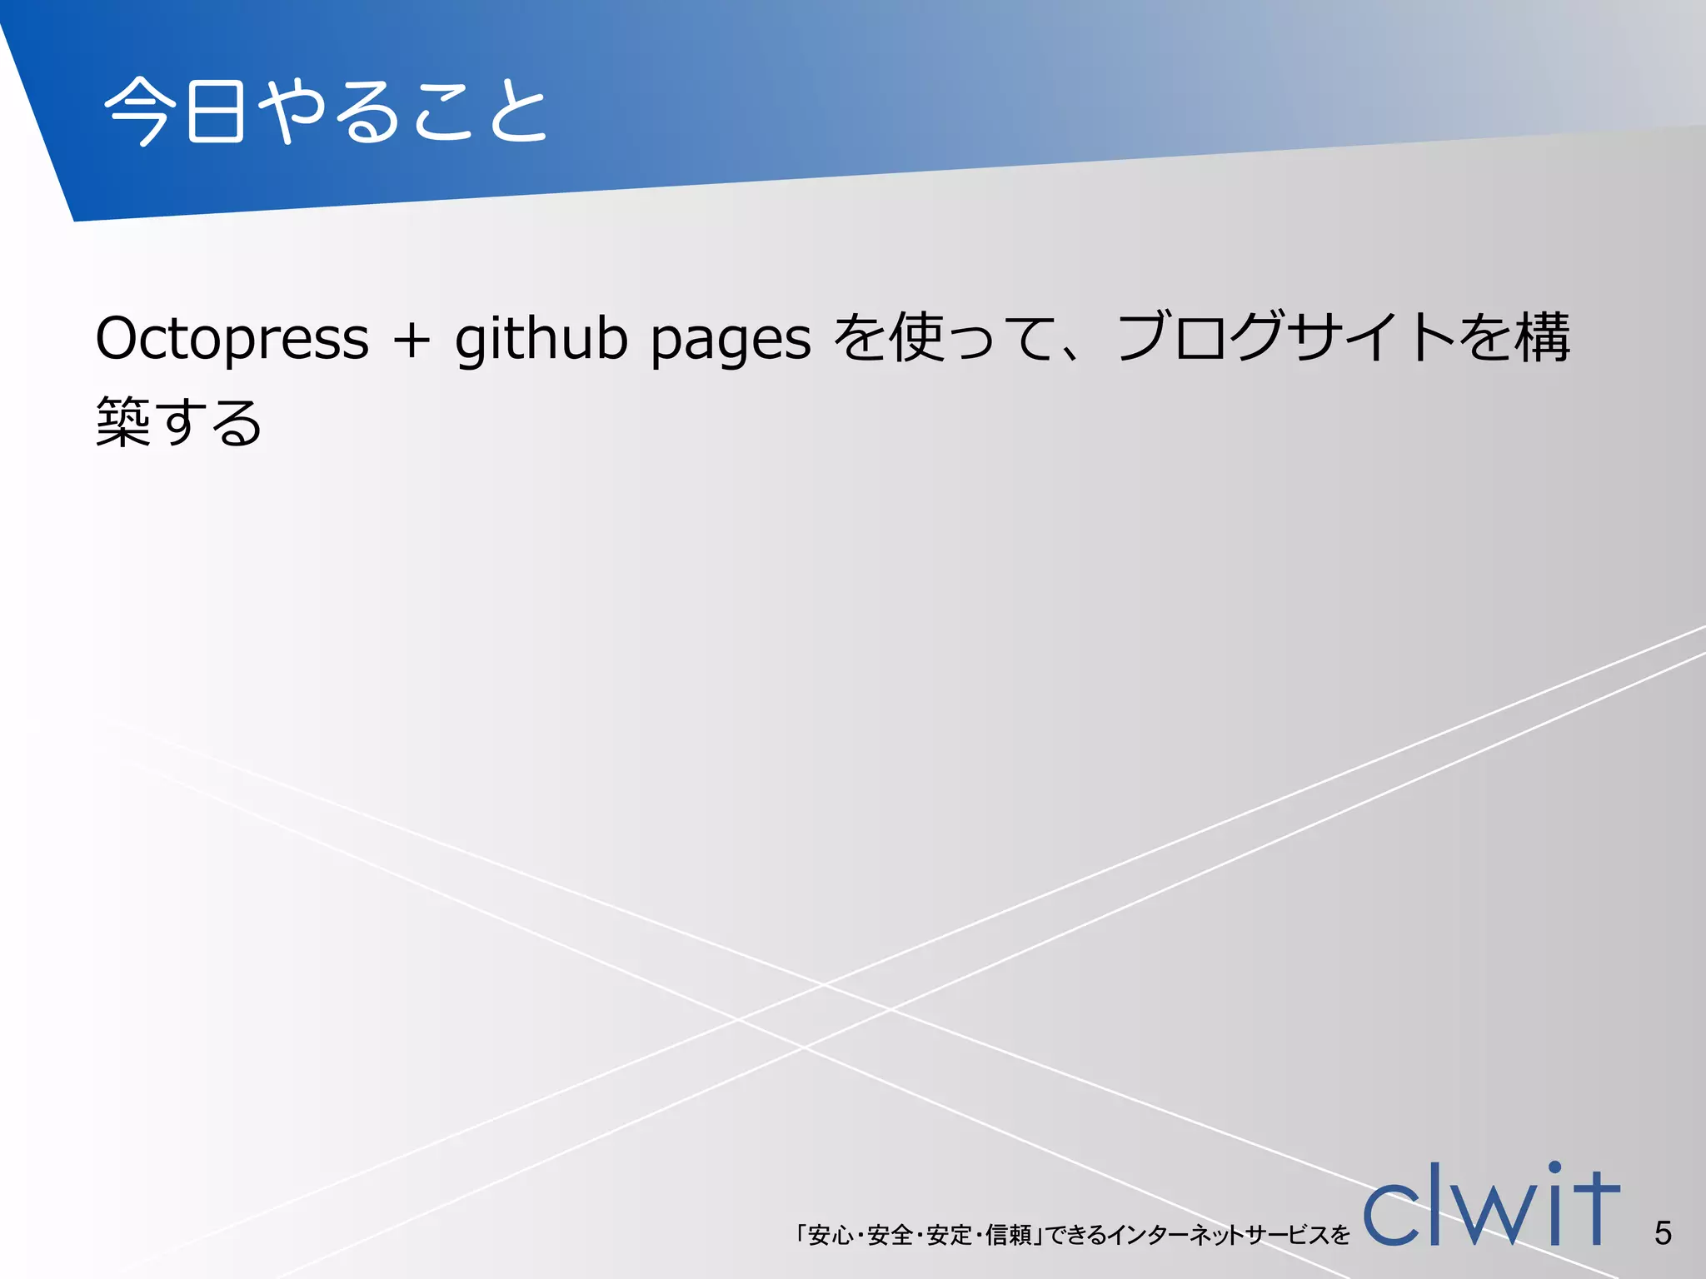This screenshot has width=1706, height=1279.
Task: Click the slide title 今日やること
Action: click(x=325, y=111)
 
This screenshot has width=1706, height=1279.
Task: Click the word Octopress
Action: click(x=232, y=339)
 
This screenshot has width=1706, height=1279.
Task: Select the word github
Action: click(x=541, y=339)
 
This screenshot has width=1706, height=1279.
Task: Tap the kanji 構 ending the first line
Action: click(x=1542, y=338)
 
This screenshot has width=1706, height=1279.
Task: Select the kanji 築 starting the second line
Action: click(x=123, y=421)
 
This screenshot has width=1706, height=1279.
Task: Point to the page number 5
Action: click(x=1663, y=1232)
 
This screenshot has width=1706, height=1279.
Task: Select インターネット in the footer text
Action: click(x=1173, y=1235)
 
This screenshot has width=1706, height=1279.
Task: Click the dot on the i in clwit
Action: click(x=1554, y=1167)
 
